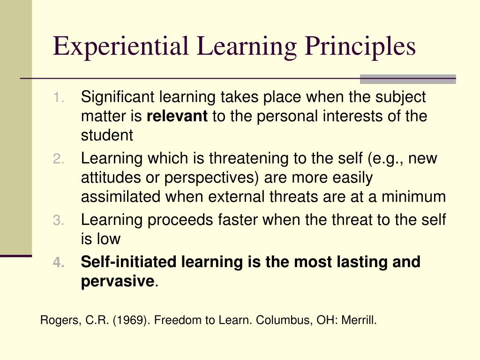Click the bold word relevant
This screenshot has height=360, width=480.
[x=177, y=116]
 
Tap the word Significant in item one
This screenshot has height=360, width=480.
[x=118, y=97]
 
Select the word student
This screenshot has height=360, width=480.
[x=107, y=135]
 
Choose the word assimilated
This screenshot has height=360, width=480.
[x=121, y=197]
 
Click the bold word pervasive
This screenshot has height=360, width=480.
[x=117, y=282]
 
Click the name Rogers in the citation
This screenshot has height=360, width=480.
[x=55, y=321]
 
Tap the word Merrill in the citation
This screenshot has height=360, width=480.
[x=360, y=321]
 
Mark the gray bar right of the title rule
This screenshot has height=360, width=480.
[x=407, y=79]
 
